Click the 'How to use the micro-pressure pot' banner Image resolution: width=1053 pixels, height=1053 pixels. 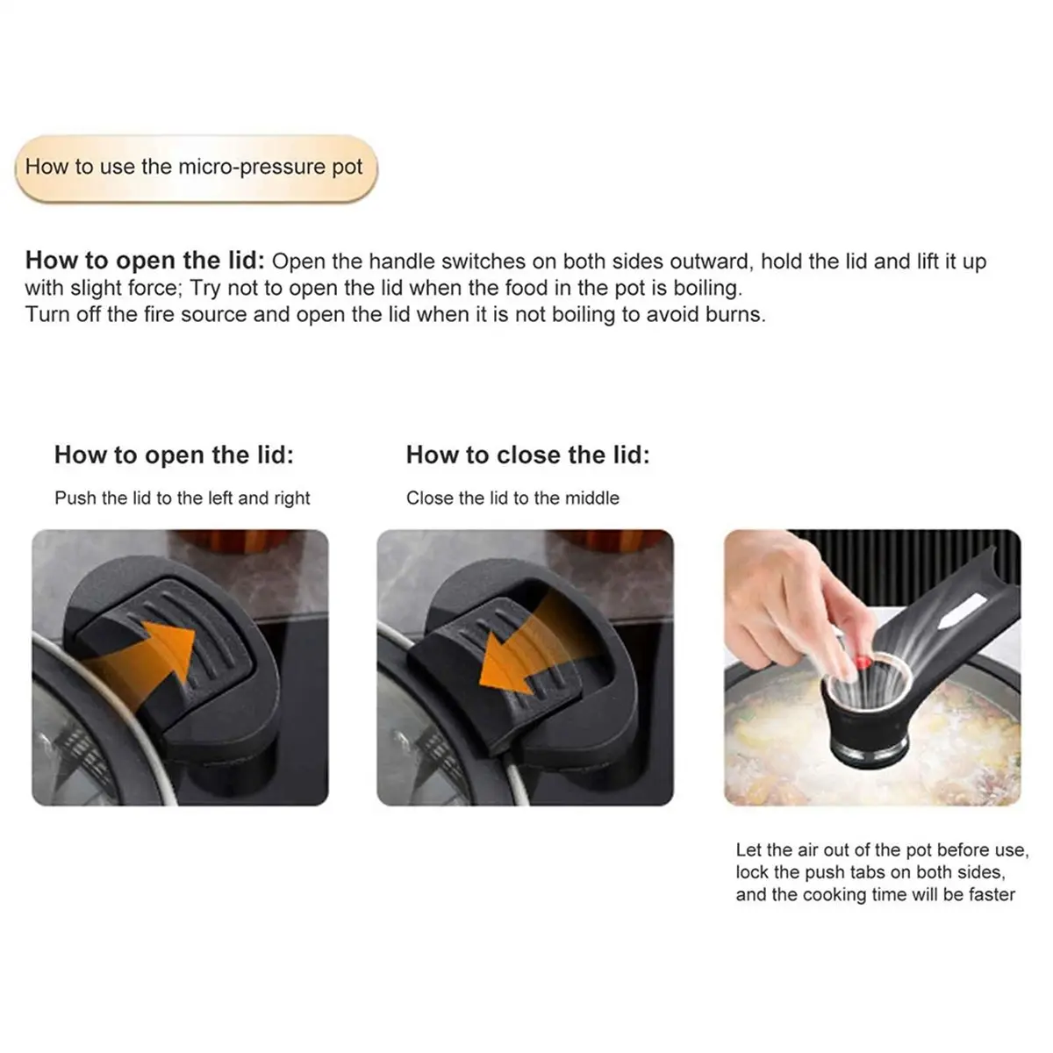point(197,168)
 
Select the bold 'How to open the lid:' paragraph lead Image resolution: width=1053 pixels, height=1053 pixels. point(145,261)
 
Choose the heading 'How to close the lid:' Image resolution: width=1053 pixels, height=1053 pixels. point(528,455)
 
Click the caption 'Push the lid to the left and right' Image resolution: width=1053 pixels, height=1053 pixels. point(182,498)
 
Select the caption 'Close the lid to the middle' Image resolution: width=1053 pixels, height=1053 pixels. point(512,498)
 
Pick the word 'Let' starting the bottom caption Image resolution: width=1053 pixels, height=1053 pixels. point(749,849)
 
